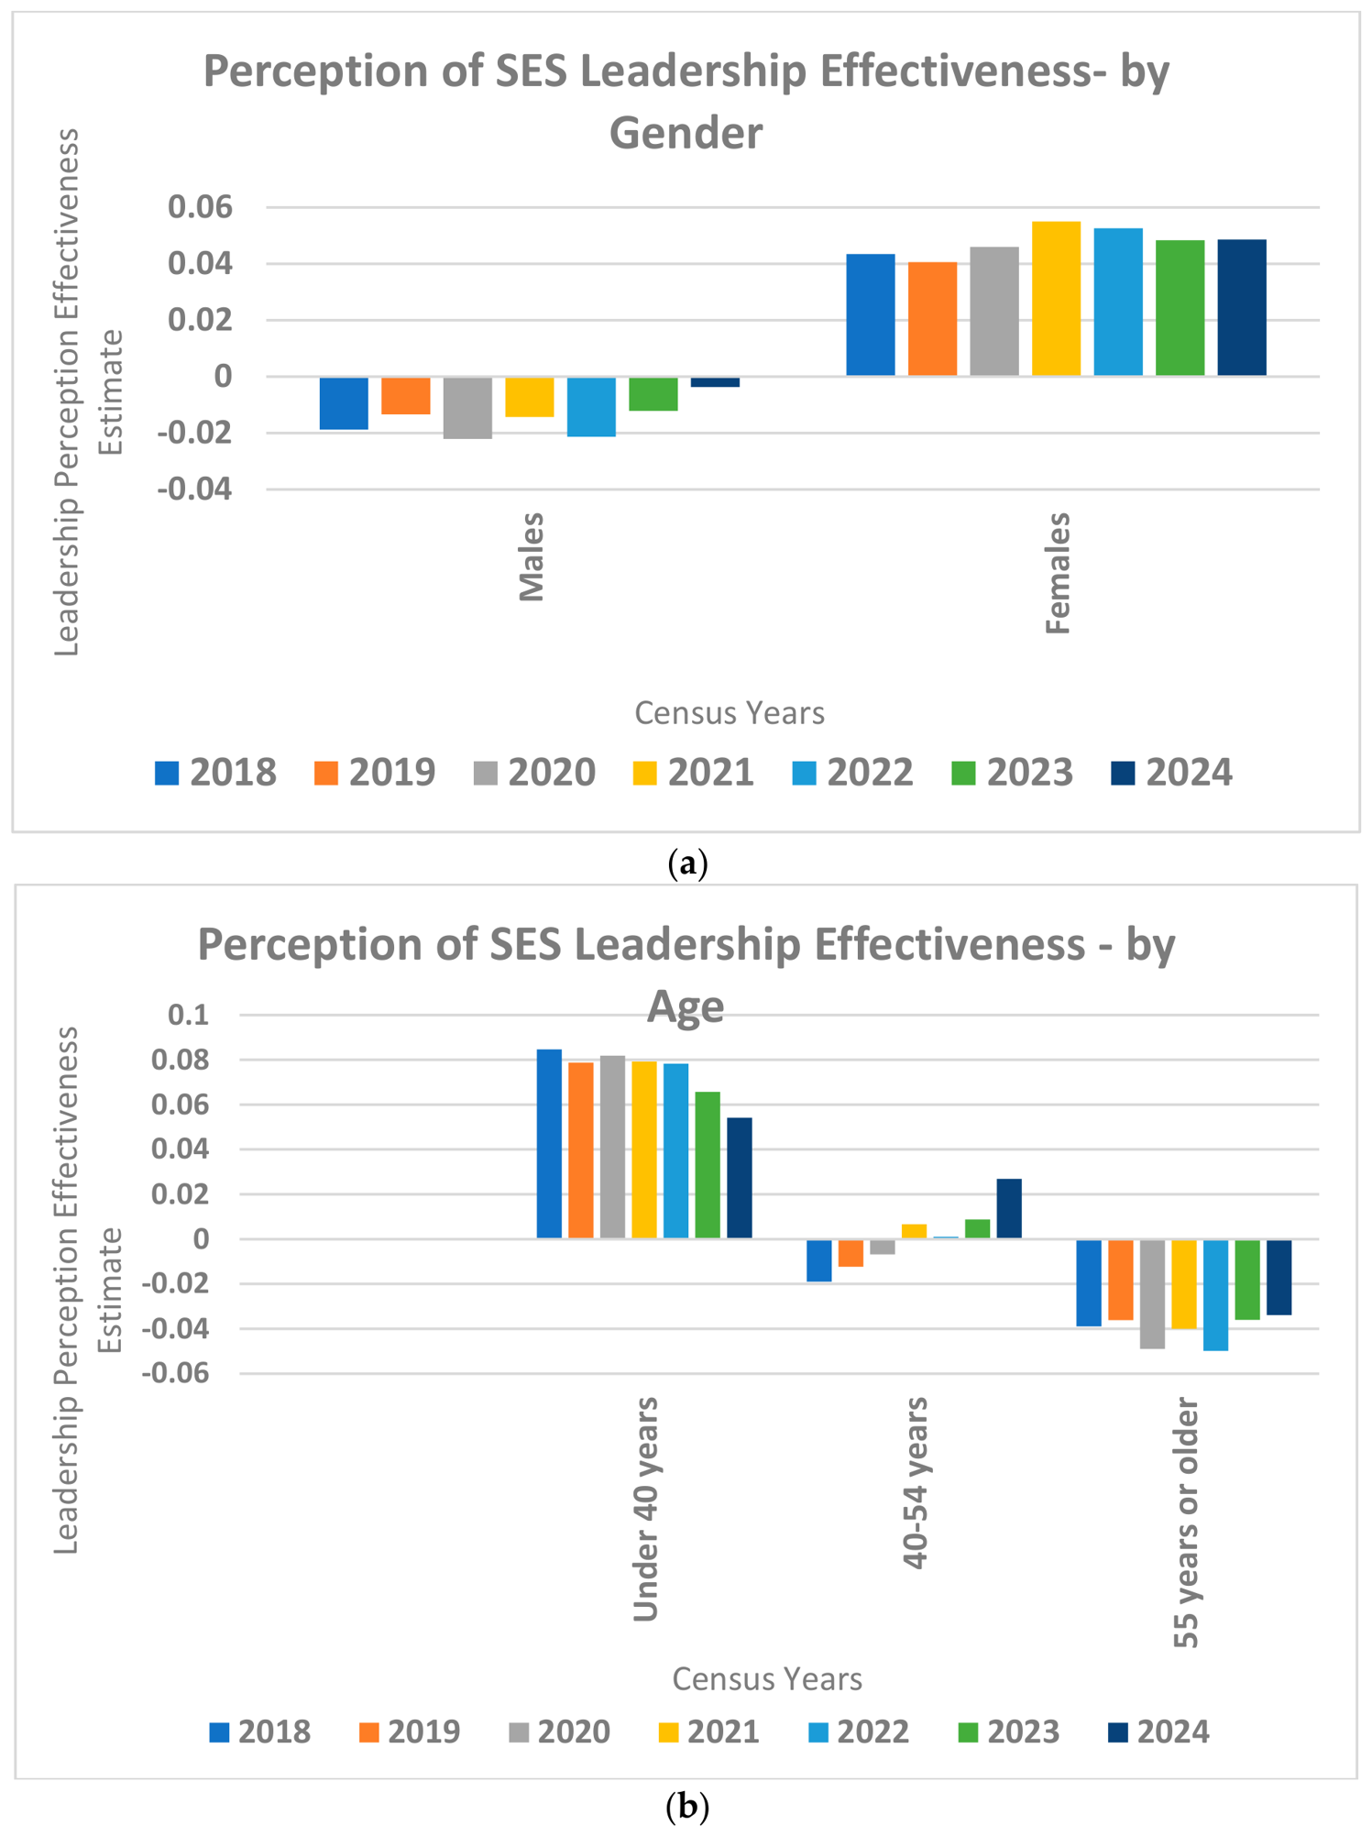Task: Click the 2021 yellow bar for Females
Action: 1056,299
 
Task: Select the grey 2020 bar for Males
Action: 467,408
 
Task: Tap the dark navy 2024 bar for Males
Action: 715,382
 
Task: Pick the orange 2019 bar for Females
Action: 932,319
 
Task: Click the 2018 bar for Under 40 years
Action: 549,1144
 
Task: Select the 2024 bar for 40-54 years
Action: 1009,1209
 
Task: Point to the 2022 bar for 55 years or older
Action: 1215,1295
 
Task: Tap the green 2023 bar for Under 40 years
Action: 708,1165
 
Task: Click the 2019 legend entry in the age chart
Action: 410,1732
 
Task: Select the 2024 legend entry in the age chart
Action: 1159,1732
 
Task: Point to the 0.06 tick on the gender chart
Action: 201,207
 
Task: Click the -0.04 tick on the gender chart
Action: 195,489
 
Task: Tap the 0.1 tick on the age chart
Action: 189,1015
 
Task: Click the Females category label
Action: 1058,573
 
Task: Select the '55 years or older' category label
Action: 1186,1523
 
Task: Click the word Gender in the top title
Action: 686,134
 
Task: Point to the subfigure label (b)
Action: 687,1808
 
